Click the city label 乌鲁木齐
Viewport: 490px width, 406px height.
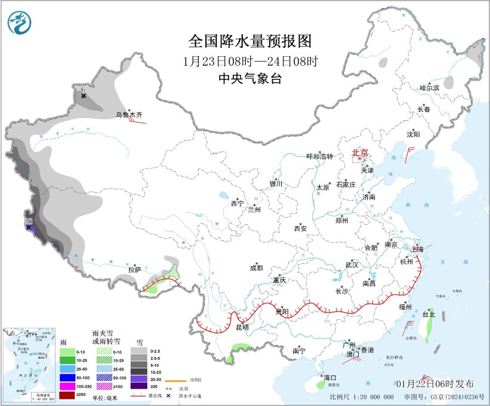point(130,114)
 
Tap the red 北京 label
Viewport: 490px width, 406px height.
point(360,152)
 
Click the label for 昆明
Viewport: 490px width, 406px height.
point(242,327)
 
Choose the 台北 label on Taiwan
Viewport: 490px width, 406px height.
point(429,314)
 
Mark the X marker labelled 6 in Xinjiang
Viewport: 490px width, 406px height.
point(84,96)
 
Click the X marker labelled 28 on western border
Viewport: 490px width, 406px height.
point(28,227)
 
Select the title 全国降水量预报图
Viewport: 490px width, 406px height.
point(250,41)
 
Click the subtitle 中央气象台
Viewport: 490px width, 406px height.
point(249,78)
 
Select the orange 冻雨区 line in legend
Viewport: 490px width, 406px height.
point(174,362)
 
